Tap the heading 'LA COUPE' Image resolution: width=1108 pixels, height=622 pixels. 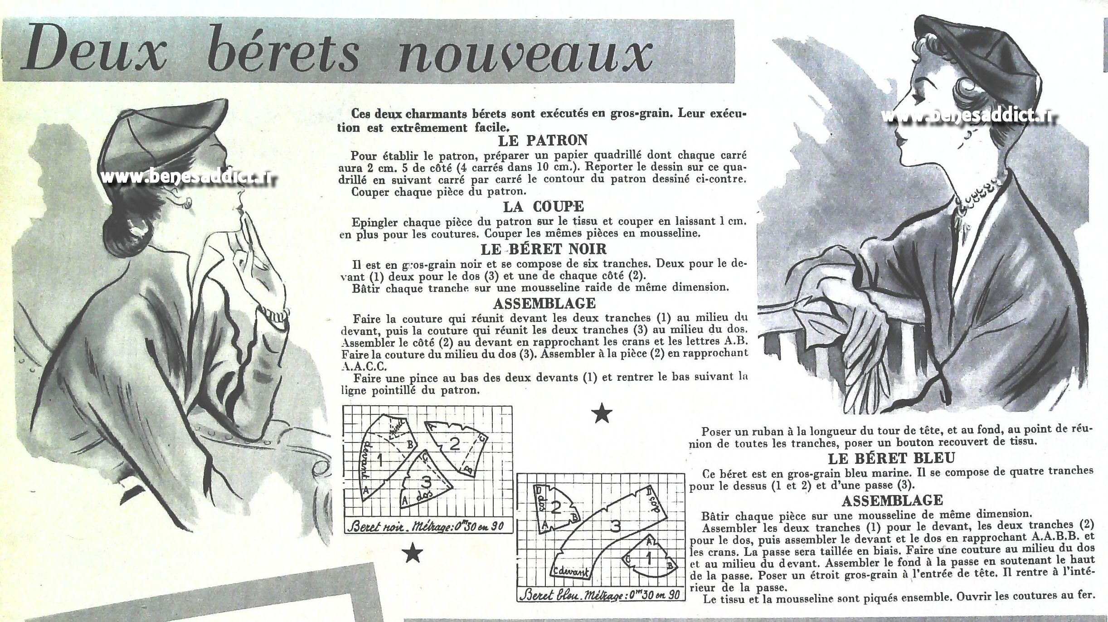pyautogui.click(x=543, y=207)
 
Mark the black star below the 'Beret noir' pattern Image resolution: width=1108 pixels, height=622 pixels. pyautogui.click(x=413, y=554)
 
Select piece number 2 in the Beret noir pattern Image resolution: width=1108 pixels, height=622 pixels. pyautogui.click(x=455, y=444)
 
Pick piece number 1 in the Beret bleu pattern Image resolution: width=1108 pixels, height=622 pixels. pyautogui.click(x=650, y=559)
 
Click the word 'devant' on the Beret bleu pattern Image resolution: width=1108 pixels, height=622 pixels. pyautogui.click(x=572, y=573)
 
